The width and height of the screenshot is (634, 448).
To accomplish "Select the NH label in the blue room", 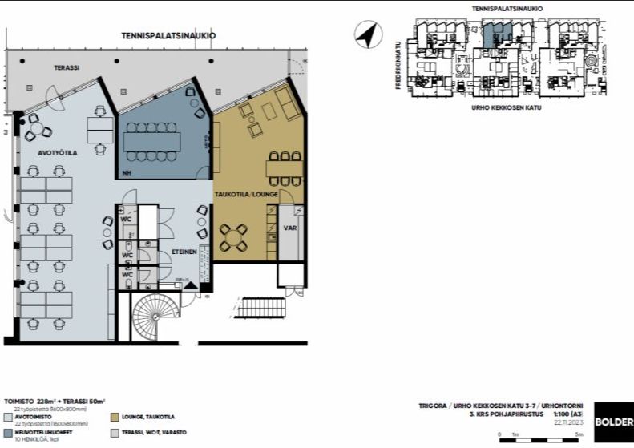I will [x=127, y=173].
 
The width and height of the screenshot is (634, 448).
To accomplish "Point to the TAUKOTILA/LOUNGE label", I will [x=239, y=195].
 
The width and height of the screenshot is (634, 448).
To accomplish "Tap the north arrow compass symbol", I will [x=366, y=35].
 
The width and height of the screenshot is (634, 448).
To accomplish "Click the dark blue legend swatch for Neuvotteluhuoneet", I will [x=7, y=433].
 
